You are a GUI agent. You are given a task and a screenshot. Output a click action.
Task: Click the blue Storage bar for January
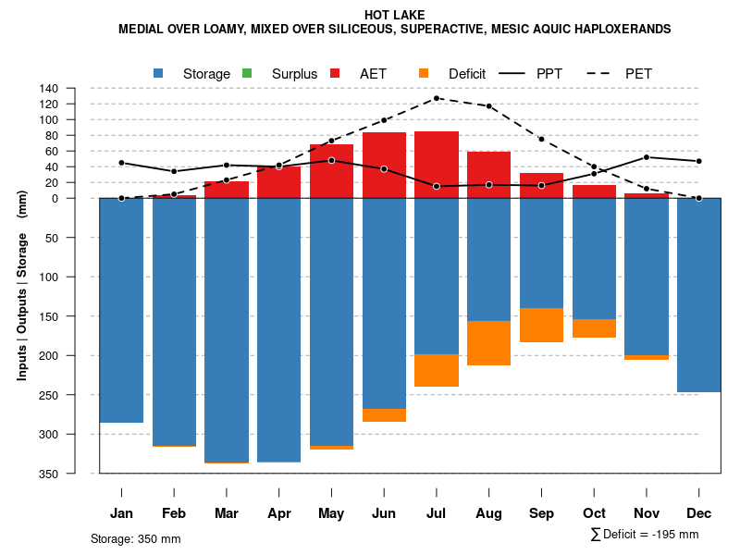point(121,310)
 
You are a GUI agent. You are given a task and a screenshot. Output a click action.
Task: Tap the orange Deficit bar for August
point(489,343)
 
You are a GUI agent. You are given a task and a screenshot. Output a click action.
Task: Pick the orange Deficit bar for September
point(542,325)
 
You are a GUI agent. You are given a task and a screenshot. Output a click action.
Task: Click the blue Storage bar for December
point(699,295)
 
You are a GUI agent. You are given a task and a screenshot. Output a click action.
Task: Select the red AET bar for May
point(331,171)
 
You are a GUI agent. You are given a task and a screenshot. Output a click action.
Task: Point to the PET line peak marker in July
point(437,98)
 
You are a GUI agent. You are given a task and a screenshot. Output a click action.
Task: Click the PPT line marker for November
point(647,157)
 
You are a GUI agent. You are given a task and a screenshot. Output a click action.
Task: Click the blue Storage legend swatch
point(158,73)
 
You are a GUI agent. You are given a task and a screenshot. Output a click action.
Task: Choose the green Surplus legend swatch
point(247,73)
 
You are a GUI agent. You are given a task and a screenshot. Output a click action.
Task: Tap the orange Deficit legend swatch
point(424,73)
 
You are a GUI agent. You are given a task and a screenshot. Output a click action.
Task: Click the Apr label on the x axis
point(279,513)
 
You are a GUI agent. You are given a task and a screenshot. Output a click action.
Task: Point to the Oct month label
point(594,513)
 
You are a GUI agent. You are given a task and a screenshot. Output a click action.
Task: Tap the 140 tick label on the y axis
point(49,89)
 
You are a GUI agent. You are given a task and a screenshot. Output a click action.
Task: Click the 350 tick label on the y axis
point(49,474)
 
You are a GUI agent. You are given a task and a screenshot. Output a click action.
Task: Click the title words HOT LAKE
point(394,15)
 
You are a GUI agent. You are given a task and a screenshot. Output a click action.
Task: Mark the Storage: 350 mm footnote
point(135,538)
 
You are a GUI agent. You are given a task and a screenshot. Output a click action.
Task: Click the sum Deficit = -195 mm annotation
point(645,535)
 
